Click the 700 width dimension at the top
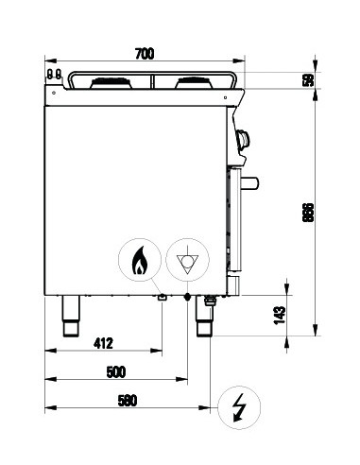click(x=144, y=55)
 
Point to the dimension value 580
click(x=126, y=401)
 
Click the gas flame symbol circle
click(x=139, y=260)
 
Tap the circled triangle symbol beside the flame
click(x=187, y=260)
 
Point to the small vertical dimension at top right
click(x=305, y=79)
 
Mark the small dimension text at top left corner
click(x=54, y=73)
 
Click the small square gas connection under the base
click(x=163, y=299)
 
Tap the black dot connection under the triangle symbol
click(x=187, y=298)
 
